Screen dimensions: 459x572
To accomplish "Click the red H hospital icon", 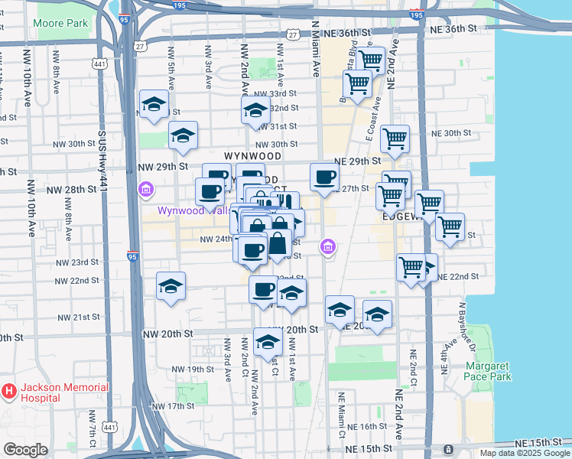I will pos(8,392).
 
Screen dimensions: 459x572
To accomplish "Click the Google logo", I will pos(26,450).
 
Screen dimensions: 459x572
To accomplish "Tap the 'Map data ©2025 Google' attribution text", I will pos(525,453).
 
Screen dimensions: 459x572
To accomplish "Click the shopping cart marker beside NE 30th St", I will pos(395,139).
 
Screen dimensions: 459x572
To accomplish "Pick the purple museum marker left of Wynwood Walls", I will pos(145,189).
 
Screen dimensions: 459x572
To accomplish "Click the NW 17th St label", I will pos(172,405).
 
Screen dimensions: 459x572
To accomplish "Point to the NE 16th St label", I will pos(367,426).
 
